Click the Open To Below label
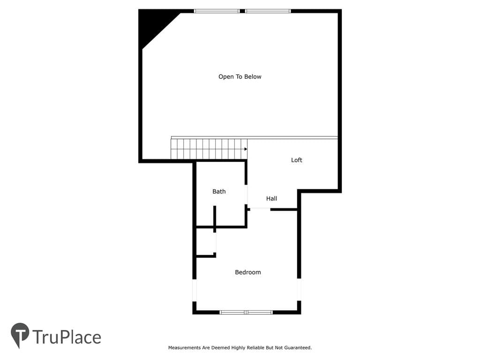point(240,76)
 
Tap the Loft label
point(296,160)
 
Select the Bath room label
point(219,191)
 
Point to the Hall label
point(271,198)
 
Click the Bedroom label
point(248,272)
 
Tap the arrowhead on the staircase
point(246,149)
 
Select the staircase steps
point(209,149)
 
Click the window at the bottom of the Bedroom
point(246,312)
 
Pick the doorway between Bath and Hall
point(246,195)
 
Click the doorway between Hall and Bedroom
point(260,210)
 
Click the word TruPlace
point(67,337)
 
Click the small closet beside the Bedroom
point(205,241)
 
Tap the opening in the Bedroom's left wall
point(194,290)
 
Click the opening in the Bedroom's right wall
point(299,290)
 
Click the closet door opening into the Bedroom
point(215,242)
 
